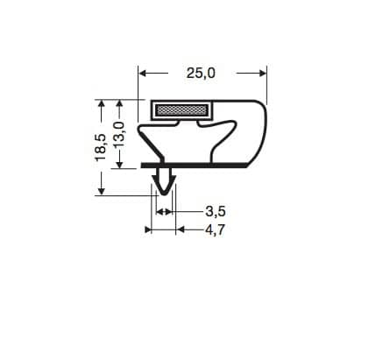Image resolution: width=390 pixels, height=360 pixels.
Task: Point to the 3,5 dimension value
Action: (216, 211)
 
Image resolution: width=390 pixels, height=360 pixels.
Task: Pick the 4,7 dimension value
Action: (216, 229)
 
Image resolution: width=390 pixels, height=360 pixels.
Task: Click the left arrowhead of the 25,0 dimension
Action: (145, 74)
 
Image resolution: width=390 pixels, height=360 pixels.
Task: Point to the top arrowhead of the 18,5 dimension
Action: (102, 105)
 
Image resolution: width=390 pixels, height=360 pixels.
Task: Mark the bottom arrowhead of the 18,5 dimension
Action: (102, 188)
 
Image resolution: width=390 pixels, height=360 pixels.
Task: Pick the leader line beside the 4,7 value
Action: (193, 229)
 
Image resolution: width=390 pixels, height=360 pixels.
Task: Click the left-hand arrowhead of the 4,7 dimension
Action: (149, 229)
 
